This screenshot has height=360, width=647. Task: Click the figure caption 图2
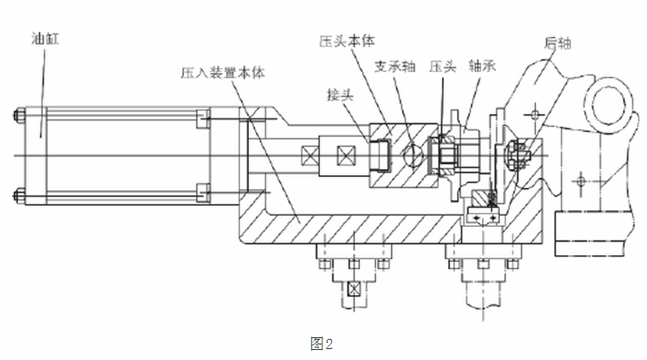pos(322,343)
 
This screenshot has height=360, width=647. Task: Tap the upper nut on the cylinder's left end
pos(19,119)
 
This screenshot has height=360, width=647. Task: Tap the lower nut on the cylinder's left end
pos(19,193)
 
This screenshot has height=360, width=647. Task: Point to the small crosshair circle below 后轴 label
pos(534,114)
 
